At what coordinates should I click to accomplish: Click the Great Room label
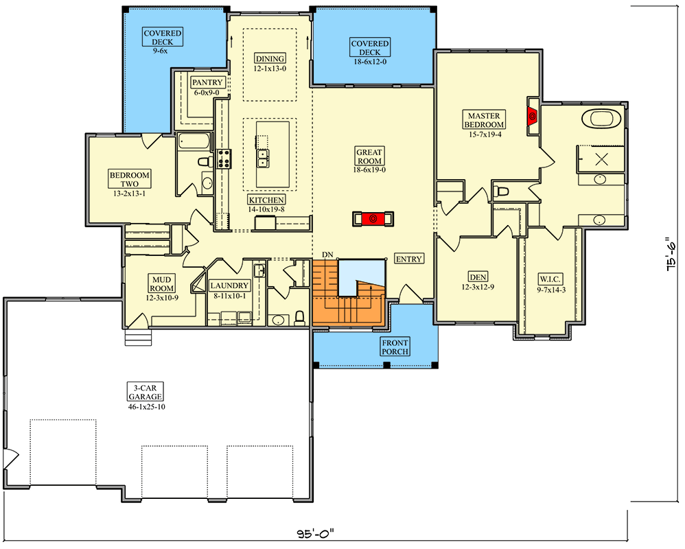tap(369, 156)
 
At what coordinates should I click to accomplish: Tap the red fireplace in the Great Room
tap(373, 219)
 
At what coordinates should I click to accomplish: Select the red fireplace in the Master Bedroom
tap(533, 116)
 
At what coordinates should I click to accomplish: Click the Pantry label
tap(207, 82)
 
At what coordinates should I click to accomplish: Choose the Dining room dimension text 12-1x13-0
tap(270, 69)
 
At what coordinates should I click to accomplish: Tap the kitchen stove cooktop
tap(224, 159)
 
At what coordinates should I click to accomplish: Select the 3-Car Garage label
tap(146, 393)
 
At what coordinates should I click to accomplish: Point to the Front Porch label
tap(395, 347)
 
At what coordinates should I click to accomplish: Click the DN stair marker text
tap(327, 255)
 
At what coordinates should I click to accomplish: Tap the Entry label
tap(409, 259)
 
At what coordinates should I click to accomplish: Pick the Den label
tap(478, 277)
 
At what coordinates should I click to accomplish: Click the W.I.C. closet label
tap(550, 279)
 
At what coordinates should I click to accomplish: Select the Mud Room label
tap(161, 284)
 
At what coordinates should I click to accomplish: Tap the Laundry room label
tap(229, 285)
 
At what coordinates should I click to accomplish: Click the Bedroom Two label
tap(129, 180)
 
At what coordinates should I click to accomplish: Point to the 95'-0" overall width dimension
tap(316, 534)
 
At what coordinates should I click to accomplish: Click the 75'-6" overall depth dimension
tap(673, 254)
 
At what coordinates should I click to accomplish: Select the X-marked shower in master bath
tap(601, 159)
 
